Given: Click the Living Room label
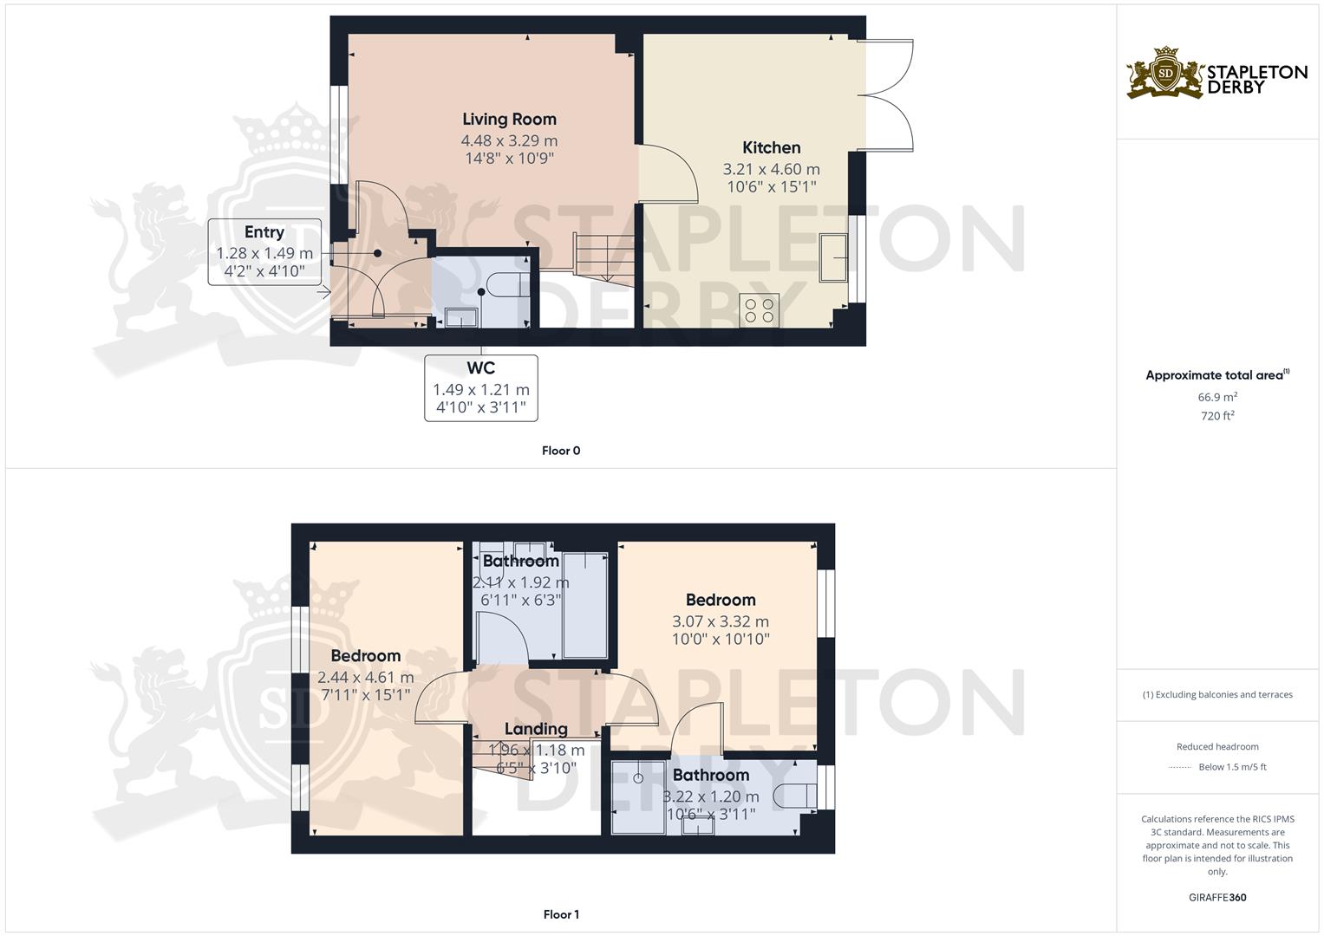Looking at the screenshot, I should point(509,120).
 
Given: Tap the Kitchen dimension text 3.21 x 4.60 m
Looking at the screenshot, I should point(771,169).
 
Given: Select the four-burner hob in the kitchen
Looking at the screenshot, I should point(759,310).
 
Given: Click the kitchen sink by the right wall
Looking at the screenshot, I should point(834,257).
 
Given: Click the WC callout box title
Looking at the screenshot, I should point(480,368).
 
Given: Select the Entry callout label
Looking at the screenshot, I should point(264,232).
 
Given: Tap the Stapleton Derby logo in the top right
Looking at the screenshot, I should point(1216,73).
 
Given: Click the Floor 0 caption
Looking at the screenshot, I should point(561,451).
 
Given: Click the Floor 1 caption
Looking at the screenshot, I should point(561,914).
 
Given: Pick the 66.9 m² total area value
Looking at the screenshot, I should point(1217,397).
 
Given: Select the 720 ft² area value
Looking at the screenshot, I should point(1217,416).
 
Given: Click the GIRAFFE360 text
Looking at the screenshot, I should point(1217,898).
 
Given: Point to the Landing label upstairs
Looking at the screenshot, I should point(536,729).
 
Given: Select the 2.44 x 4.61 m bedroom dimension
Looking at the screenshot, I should point(365,678).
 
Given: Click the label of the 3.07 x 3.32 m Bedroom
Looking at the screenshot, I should point(720,600).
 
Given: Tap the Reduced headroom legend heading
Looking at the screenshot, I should point(1217,746).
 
